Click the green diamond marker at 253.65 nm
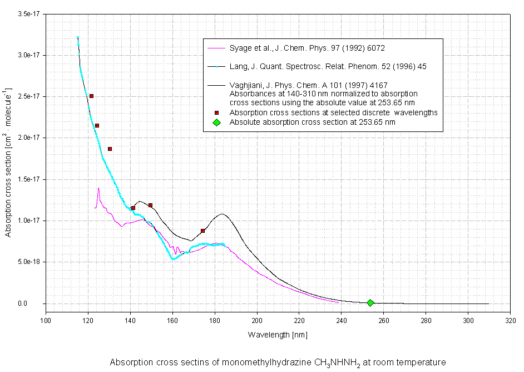[x=370, y=303]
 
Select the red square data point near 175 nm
[x=203, y=231]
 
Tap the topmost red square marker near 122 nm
[x=91, y=96]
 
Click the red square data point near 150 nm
[x=150, y=205]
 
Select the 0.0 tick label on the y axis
[x=35, y=304]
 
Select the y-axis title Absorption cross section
[x=8, y=162]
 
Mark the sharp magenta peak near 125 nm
[x=98, y=188]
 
